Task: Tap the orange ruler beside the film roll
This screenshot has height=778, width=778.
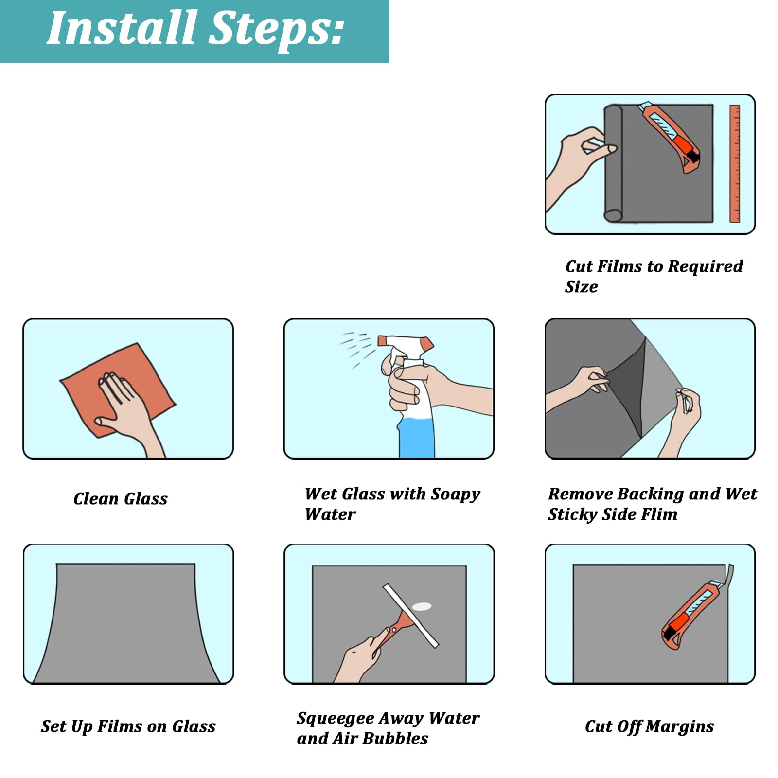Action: [x=735, y=163]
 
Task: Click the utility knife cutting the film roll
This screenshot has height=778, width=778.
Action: [x=671, y=137]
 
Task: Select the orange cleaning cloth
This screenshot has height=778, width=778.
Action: [x=117, y=389]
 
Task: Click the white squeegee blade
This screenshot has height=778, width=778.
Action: [x=411, y=616]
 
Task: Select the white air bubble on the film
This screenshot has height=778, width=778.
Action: [x=422, y=606]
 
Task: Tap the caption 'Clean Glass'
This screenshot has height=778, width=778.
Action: [x=121, y=498]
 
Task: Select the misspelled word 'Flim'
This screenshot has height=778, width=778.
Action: [x=656, y=514]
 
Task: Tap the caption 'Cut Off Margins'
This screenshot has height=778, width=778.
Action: [x=650, y=726]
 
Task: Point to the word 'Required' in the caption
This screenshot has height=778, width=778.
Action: [x=706, y=266]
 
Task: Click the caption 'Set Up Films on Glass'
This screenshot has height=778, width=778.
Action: [x=128, y=726]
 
